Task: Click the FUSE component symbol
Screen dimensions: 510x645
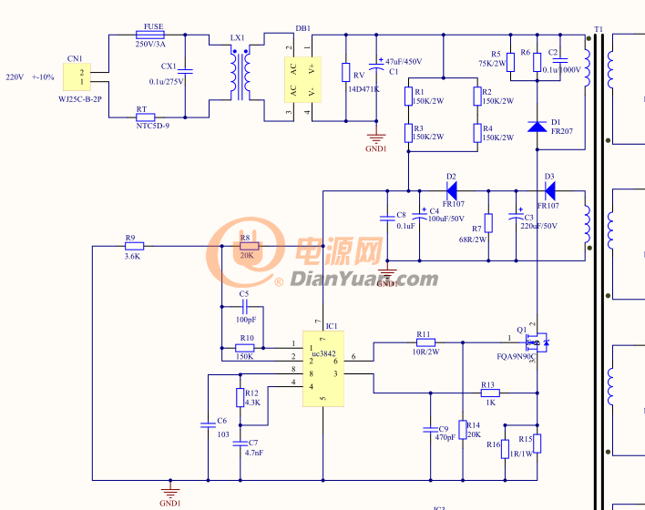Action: pos(149,35)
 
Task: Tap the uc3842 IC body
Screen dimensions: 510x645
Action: pos(322,368)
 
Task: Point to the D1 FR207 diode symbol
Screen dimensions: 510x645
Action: pos(537,125)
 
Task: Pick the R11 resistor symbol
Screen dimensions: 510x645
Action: pos(424,342)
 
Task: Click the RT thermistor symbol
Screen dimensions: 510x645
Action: pos(144,117)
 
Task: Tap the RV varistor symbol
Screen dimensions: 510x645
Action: pos(346,73)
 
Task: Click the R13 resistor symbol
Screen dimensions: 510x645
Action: pos(489,393)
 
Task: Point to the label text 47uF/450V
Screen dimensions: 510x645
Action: pos(404,61)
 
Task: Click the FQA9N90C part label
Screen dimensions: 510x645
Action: pos(515,357)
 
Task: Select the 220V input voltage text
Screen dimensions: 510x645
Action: pos(15,77)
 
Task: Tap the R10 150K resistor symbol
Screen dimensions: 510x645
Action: pos(245,348)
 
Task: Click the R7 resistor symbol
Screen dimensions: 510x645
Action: pos(488,222)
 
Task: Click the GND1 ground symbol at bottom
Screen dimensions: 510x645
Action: pos(170,490)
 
